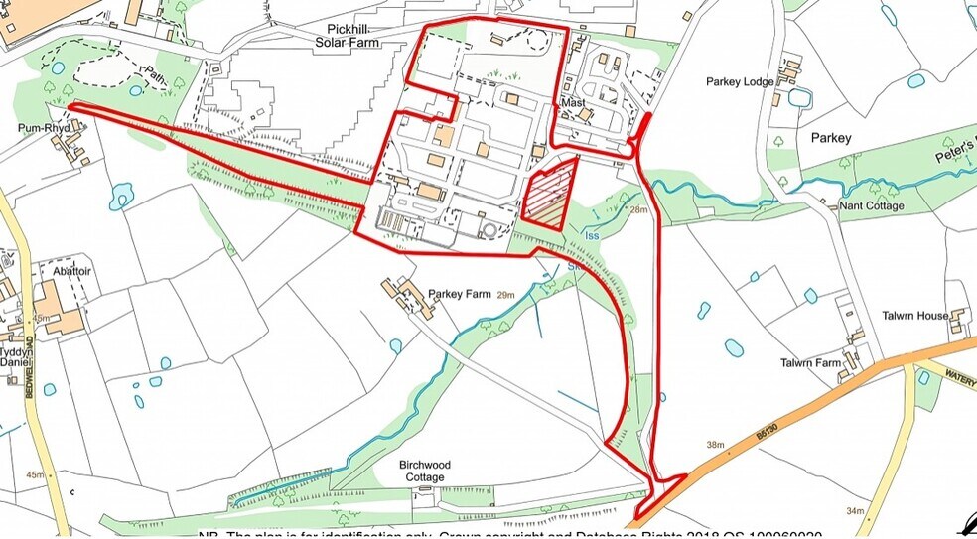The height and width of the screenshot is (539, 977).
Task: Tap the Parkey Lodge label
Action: [739, 81]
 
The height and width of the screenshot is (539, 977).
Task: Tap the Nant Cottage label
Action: [872, 205]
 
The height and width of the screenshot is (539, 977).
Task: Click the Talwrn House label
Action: [914, 316]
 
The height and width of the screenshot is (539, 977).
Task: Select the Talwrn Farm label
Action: [810, 363]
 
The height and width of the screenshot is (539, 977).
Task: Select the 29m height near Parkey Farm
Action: [506, 295]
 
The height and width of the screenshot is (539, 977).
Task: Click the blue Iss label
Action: [593, 236]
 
